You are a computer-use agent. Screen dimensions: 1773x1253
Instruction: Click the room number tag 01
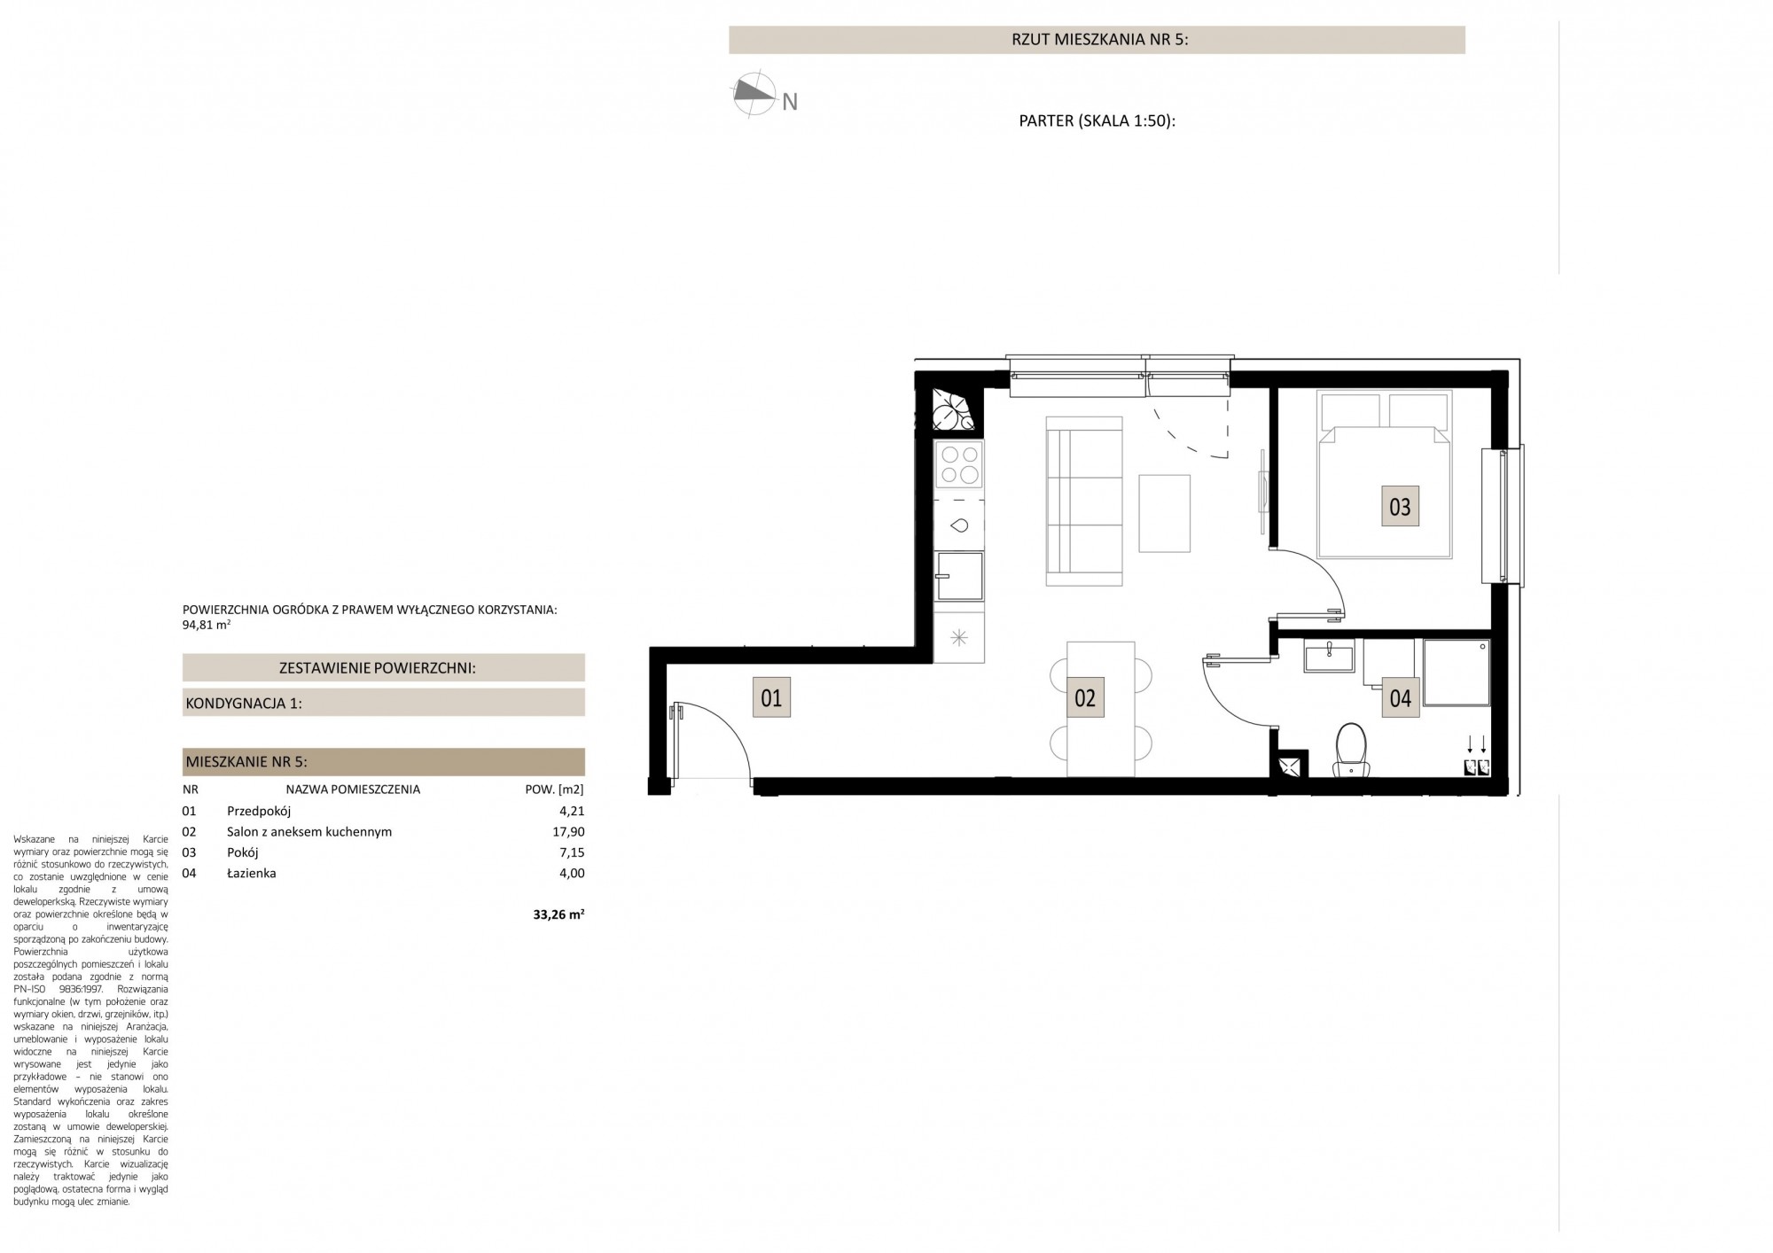pos(772,697)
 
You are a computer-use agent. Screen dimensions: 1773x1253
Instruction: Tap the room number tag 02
pos(1085,697)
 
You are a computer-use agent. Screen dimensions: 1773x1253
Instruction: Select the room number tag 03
pos(1400,507)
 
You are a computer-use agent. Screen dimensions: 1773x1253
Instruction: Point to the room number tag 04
pos(1400,697)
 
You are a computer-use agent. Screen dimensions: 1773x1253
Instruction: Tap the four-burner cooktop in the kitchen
pos(959,464)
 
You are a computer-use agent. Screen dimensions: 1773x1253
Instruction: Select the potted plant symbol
pos(954,411)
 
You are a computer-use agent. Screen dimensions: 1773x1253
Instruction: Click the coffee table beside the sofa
pos(1164,513)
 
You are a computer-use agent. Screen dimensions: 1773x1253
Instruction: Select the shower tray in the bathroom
pos(1457,673)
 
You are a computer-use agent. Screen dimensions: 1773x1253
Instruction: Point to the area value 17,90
pos(568,831)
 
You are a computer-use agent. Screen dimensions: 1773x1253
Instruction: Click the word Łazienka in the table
pos(251,873)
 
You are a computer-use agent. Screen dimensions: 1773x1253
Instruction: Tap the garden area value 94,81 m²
pos(207,624)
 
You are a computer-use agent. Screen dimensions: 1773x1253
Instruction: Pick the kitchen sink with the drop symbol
pos(959,525)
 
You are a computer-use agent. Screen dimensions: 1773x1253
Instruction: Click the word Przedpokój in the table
pos(259,811)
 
